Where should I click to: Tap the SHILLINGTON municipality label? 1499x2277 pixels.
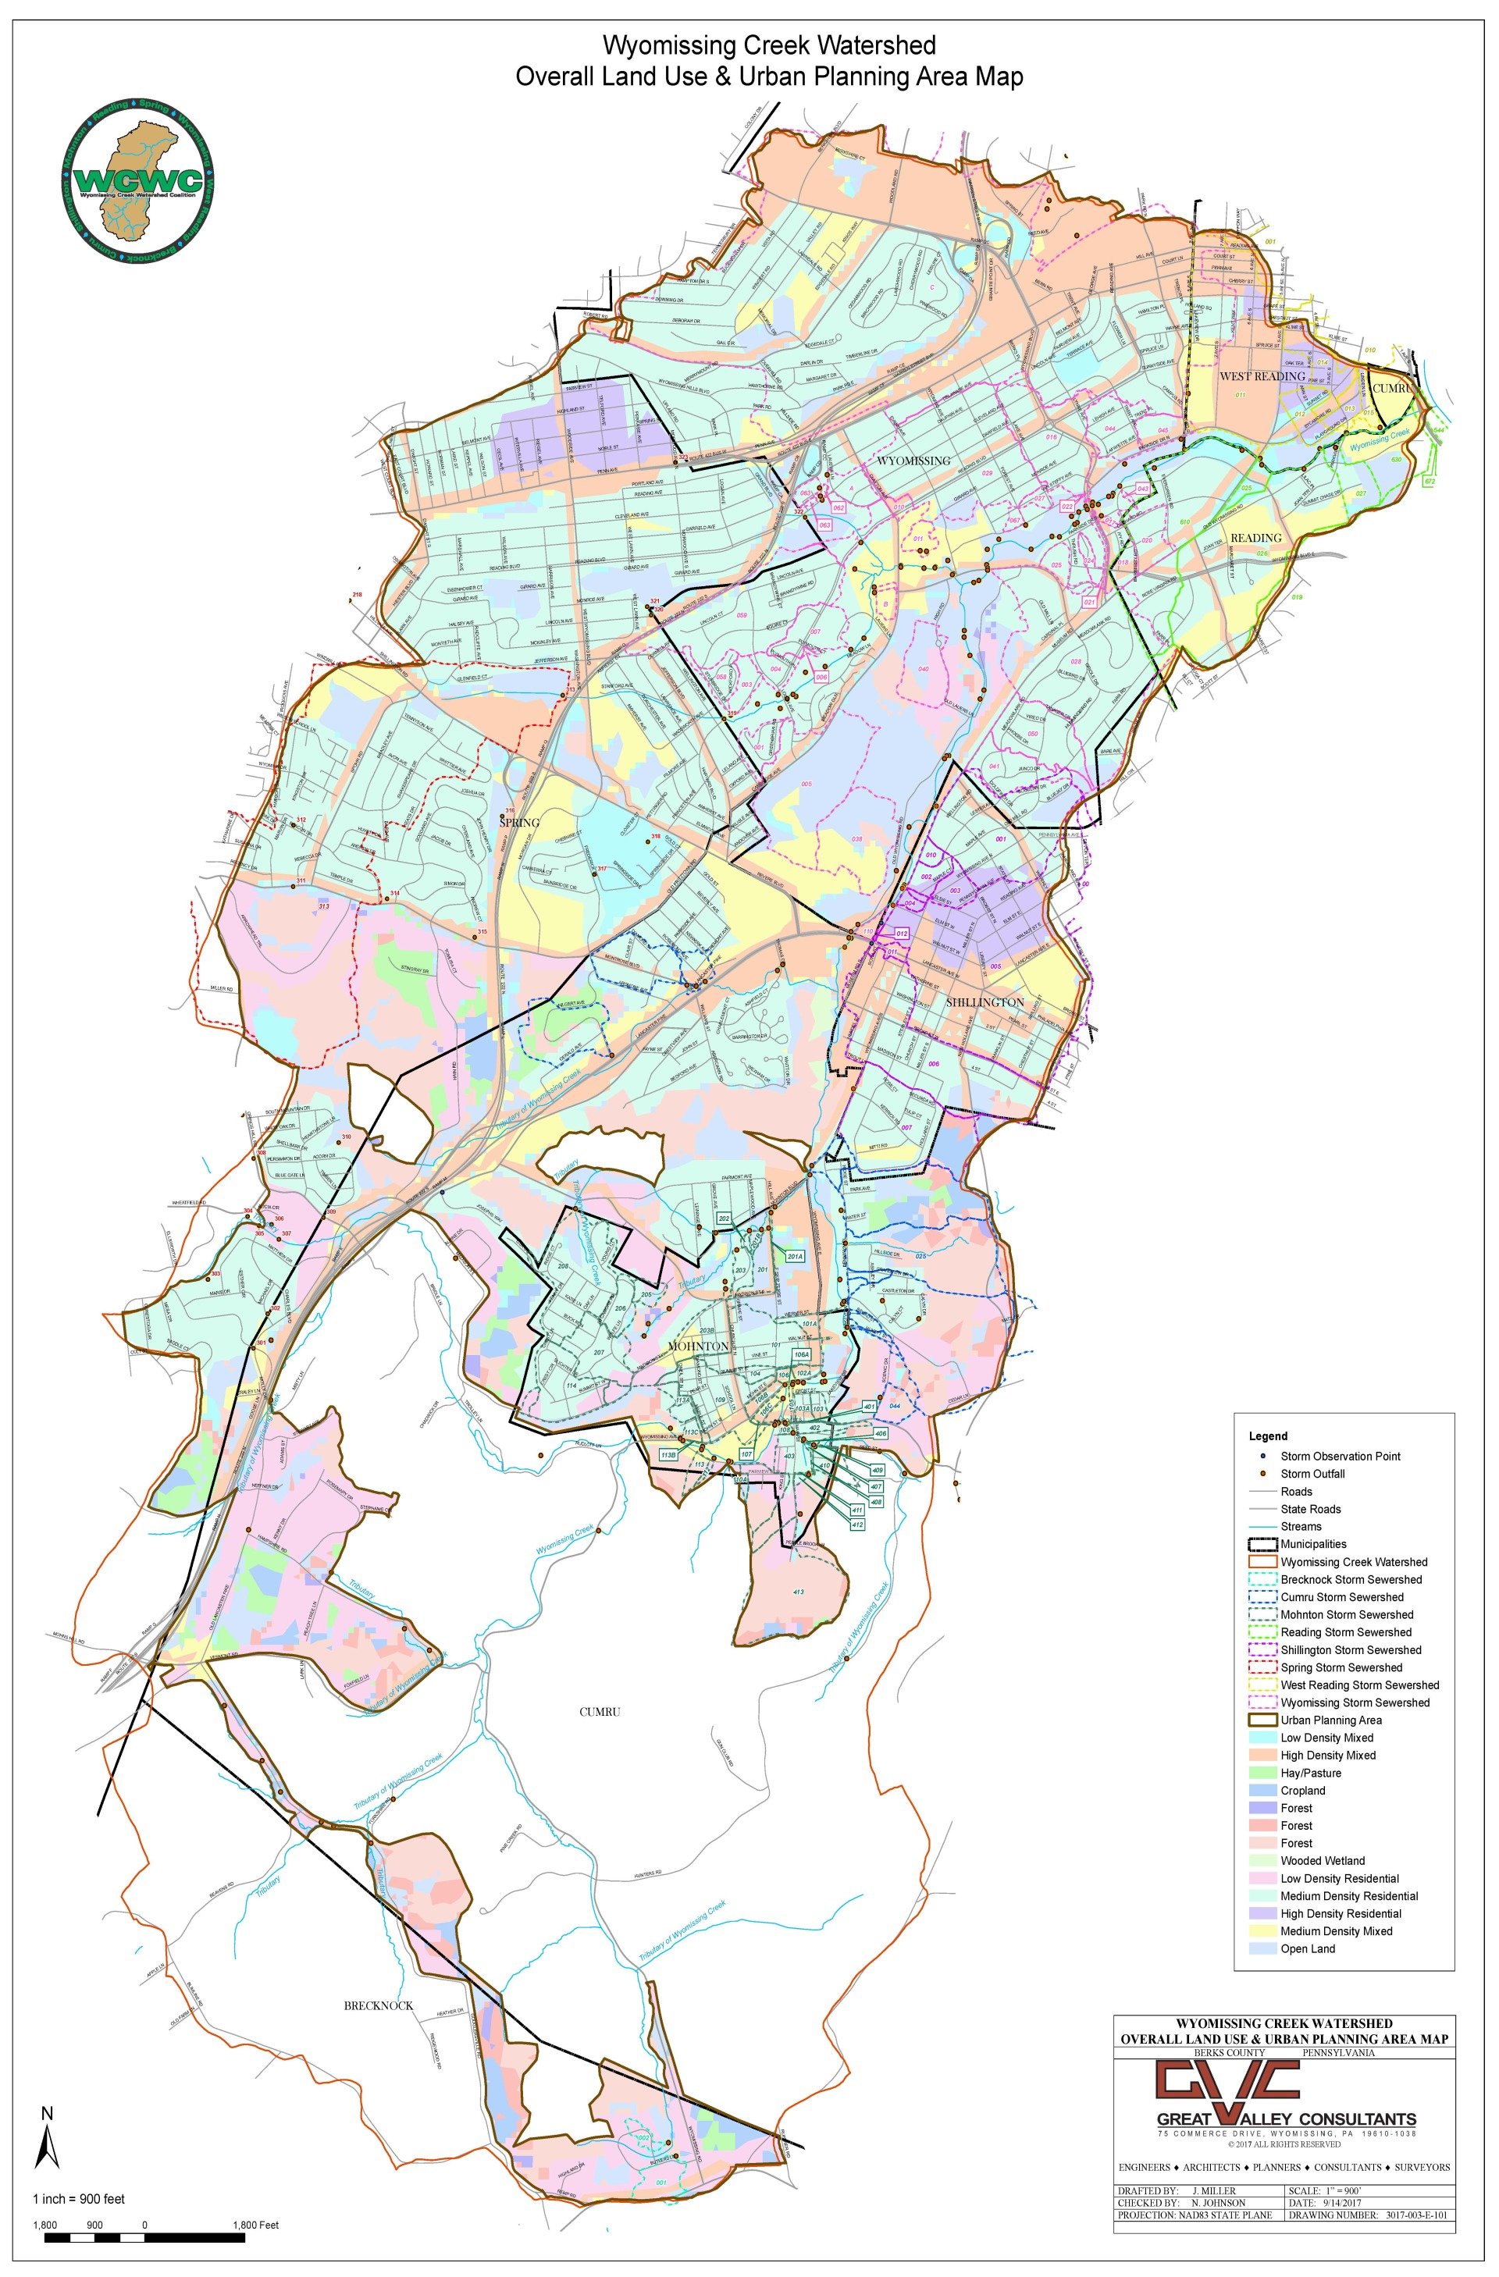coord(984,1002)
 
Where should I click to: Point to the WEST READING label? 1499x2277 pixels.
coord(1261,376)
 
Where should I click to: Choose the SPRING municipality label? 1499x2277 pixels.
coord(519,822)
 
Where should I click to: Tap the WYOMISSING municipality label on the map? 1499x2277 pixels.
coord(913,461)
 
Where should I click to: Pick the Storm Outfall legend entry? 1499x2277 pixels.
coord(1312,1473)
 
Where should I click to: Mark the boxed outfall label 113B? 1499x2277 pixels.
coord(668,1455)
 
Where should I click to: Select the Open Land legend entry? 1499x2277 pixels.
coord(1308,1948)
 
